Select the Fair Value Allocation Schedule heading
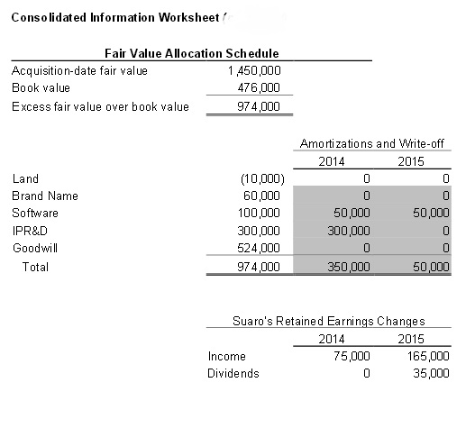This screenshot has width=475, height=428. coord(191,54)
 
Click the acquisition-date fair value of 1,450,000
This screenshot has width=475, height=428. coord(256,70)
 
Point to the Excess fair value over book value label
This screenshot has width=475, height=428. coord(100,107)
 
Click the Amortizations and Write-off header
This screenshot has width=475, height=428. coord(372,144)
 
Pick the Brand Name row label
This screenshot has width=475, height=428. coord(44,196)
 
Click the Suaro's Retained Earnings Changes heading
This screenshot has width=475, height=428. coord(328,321)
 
